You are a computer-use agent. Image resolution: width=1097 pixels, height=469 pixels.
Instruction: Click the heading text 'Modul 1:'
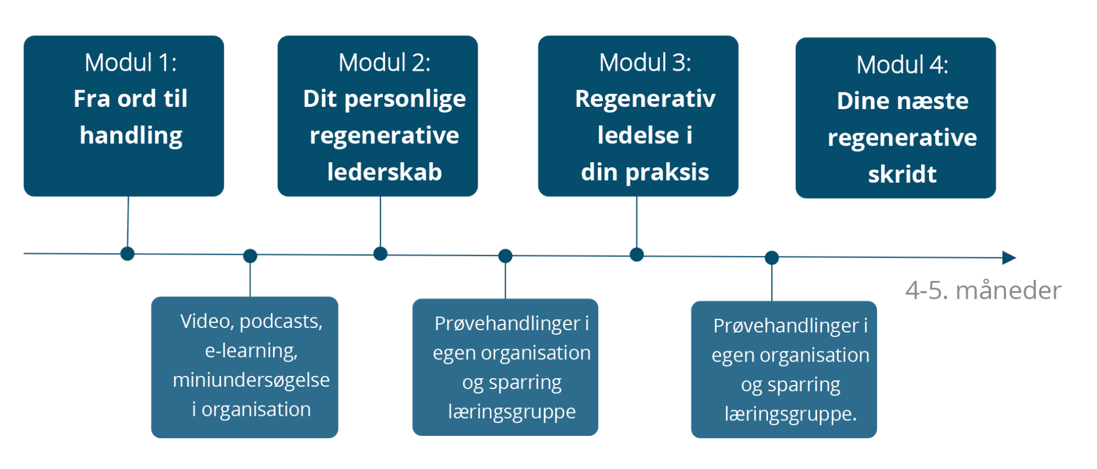[x=131, y=62]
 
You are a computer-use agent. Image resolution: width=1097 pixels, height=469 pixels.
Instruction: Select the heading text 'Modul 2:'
[x=385, y=62]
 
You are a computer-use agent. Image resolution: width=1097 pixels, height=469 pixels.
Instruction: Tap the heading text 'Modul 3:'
[x=645, y=62]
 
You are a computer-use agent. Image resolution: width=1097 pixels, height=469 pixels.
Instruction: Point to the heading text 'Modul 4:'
[x=902, y=65]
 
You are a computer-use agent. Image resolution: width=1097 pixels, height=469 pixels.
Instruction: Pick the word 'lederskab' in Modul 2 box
[x=385, y=172]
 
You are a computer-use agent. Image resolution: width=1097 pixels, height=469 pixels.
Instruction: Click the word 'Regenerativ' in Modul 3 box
[x=645, y=99]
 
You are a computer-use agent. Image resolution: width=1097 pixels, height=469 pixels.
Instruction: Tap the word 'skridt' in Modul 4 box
[x=902, y=174]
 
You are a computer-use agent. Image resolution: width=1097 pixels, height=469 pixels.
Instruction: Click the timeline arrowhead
[x=1010, y=258]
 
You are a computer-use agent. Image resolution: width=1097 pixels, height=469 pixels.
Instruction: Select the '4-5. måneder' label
[x=983, y=290]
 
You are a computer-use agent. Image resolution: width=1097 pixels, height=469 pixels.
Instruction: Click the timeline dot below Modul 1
[x=127, y=254]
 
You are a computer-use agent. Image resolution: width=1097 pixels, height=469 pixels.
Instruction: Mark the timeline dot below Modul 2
[x=381, y=254]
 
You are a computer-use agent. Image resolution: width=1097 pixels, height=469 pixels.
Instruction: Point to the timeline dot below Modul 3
[x=636, y=255]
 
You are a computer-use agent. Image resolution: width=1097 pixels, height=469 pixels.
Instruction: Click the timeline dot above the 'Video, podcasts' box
[x=250, y=256]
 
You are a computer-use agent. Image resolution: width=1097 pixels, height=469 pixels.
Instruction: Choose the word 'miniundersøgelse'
[x=251, y=380]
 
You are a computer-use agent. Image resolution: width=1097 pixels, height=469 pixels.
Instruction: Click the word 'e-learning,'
[x=251, y=351]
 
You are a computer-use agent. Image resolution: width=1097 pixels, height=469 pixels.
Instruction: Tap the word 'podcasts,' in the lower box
[x=281, y=322]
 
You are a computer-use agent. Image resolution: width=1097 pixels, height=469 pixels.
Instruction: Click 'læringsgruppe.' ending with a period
[x=791, y=414]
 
